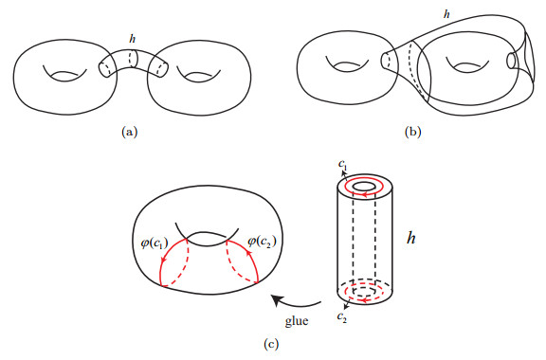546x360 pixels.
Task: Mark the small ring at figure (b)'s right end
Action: [513, 63]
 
